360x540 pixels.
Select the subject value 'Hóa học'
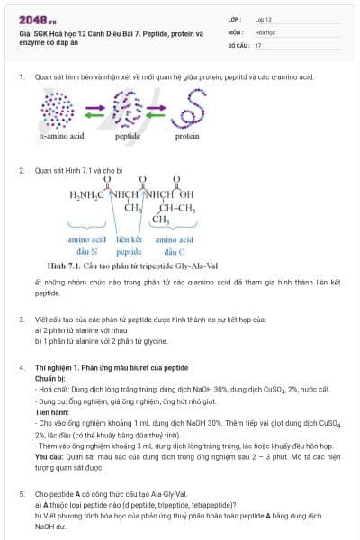[265, 31]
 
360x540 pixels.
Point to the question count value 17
[258, 44]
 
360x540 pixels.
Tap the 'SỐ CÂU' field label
[237, 44]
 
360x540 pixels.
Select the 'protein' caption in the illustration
[187, 137]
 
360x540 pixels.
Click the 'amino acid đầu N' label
[86, 246]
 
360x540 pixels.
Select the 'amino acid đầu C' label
[175, 246]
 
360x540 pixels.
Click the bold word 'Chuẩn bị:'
[50, 379]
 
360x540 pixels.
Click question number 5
[22, 494]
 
